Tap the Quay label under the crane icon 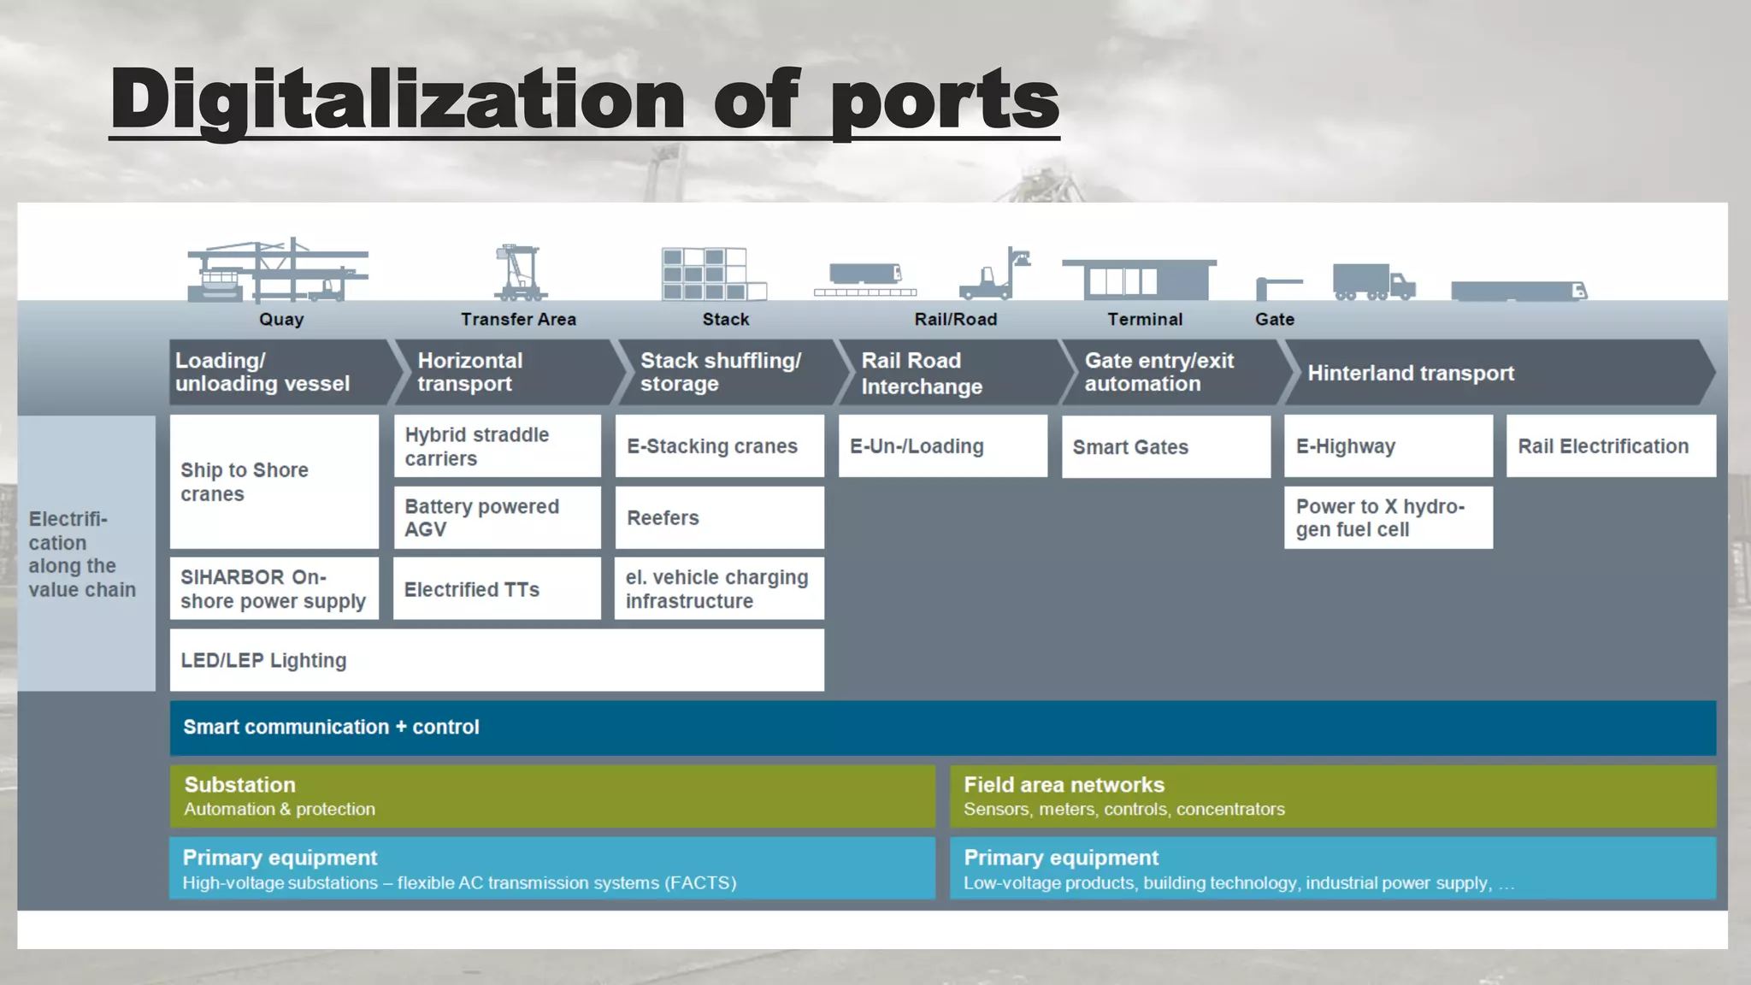(x=281, y=319)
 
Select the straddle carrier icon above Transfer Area (x=520, y=272)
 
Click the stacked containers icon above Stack (x=712, y=274)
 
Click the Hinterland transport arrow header (x=1411, y=373)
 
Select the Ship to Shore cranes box (x=274, y=481)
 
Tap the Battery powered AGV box (x=497, y=517)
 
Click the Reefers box (x=719, y=517)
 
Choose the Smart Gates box (x=1165, y=446)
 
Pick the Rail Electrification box (x=1610, y=445)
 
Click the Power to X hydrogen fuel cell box (x=1388, y=517)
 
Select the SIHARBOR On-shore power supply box (x=274, y=588)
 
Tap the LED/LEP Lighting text (x=263, y=660)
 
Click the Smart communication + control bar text (x=331, y=727)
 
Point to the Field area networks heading (x=1064, y=784)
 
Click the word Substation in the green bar (x=239, y=784)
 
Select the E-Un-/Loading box (x=942, y=445)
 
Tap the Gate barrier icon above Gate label (x=1277, y=288)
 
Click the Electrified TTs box (x=497, y=588)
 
